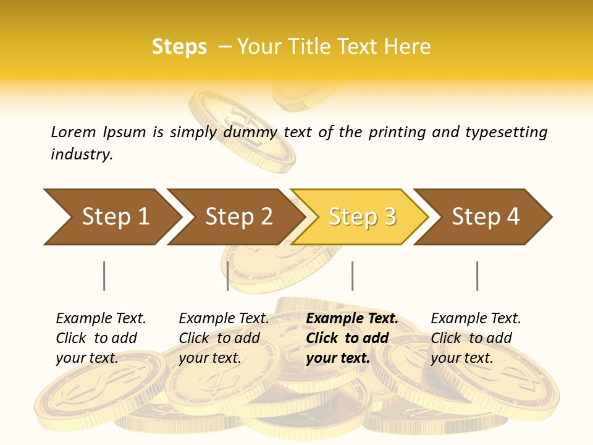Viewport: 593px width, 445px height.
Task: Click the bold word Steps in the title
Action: [179, 47]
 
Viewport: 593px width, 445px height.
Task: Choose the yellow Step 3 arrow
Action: [361, 217]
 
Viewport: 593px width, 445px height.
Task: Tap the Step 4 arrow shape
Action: [486, 217]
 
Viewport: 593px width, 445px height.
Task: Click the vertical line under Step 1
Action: [104, 276]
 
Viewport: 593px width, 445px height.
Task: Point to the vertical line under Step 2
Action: [228, 276]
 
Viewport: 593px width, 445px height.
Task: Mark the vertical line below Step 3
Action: [352, 276]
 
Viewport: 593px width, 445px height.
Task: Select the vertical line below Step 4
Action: [477, 276]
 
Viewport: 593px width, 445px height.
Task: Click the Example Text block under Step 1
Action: [101, 338]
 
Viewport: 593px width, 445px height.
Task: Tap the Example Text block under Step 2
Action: [224, 338]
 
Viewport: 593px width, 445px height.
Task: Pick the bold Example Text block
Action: [352, 338]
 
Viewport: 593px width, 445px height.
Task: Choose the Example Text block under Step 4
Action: [476, 338]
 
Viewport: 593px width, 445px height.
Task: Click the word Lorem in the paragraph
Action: [74, 132]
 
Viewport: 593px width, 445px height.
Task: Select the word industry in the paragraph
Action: [81, 155]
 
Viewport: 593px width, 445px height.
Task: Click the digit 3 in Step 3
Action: [389, 217]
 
